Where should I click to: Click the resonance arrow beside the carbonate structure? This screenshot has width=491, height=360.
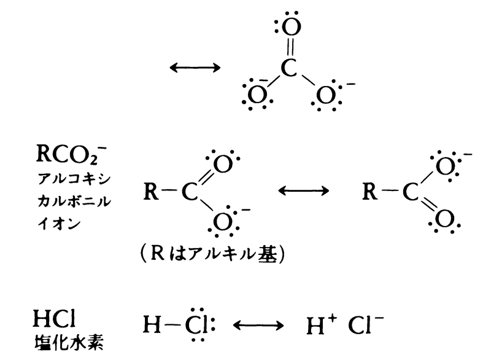coord(194,68)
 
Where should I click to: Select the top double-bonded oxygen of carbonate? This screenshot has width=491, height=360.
coord(293,27)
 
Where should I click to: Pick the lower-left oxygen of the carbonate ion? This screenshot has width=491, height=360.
coord(254,95)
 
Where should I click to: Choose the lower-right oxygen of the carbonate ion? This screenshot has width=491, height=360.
coord(327,95)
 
